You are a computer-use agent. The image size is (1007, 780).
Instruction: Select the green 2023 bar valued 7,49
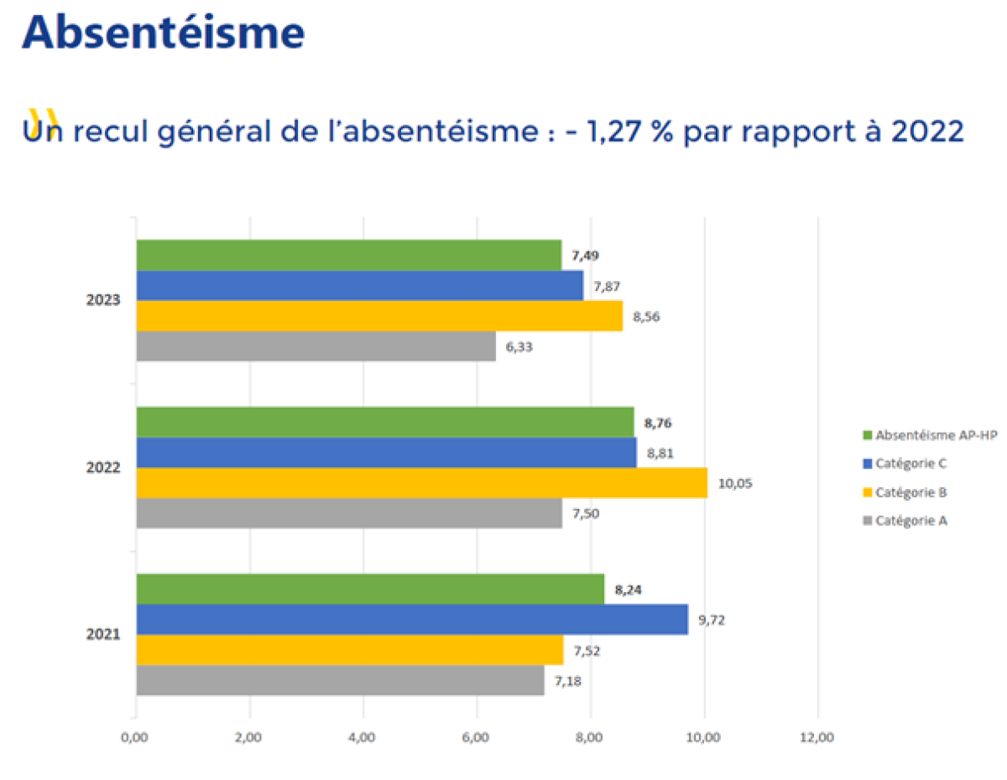pyautogui.click(x=348, y=255)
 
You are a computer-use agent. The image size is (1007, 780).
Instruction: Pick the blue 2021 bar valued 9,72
pyautogui.click(x=411, y=619)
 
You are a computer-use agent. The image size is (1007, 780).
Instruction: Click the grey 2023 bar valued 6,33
pyautogui.click(x=316, y=346)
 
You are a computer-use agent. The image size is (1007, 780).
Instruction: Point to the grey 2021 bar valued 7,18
pyautogui.click(x=340, y=679)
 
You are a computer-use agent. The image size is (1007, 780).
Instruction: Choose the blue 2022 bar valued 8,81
pyautogui.click(x=386, y=453)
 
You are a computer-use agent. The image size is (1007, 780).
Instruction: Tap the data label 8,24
pyautogui.click(x=629, y=590)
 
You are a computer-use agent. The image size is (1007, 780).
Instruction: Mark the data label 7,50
pyautogui.click(x=586, y=513)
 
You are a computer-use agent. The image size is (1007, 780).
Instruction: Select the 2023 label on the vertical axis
pyautogui.click(x=103, y=300)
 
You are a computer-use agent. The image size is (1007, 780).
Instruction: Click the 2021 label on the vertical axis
pyautogui.click(x=103, y=635)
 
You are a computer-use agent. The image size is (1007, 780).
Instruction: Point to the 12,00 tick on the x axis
pyautogui.click(x=817, y=738)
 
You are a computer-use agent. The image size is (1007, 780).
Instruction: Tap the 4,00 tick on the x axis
pyautogui.click(x=363, y=738)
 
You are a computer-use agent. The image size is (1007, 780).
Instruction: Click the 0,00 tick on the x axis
pyautogui.click(x=134, y=738)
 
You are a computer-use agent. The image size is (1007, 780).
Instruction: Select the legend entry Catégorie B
pyautogui.click(x=910, y=492)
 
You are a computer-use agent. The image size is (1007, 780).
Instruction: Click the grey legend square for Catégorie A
pyautogui.click(x=867, y=521)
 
